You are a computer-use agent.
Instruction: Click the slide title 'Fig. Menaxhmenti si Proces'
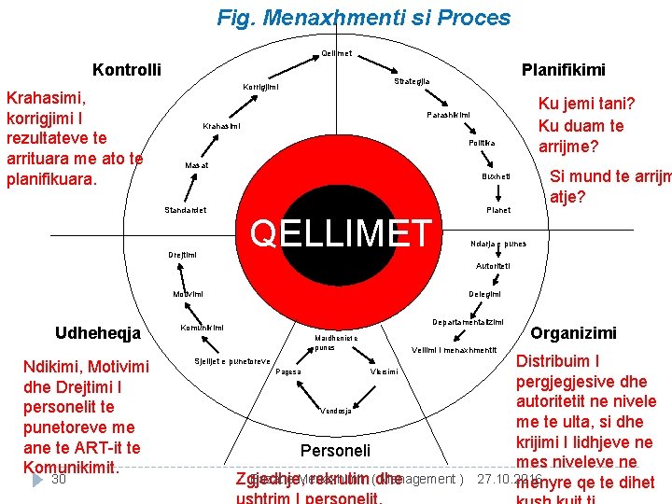[x=363, y=18]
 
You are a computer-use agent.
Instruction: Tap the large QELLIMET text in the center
[x=343, y=233]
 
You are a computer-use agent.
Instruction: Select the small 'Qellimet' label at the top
[x=336, y=53]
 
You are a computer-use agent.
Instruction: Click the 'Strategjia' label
[x=412, y=81]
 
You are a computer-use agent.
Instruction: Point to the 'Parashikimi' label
[x=448, y=115]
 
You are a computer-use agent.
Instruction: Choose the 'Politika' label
[x=482, y=143]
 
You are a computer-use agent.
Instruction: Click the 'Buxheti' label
[x=496, y=176]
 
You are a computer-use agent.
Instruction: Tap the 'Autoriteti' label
[x=493, y=266]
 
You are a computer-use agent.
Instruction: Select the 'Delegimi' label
[x=484, y=294]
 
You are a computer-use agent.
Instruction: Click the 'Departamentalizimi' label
[x=468, y=322]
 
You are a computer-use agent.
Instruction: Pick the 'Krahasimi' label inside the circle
[x=221, y=126]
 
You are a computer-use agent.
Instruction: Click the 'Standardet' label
[x=187, y=210]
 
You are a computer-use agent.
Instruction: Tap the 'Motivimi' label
[x=188, y=294]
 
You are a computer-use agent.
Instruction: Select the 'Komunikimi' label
[x=202, y=328]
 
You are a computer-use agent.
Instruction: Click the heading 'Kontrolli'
[x=127, y=70]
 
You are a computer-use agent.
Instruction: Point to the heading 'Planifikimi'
[x=563, y=70]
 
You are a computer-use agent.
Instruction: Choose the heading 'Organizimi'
[x=573, y=333]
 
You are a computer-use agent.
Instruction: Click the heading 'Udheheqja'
[x=98, y=333]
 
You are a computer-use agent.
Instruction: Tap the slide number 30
[x=58, y=479]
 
